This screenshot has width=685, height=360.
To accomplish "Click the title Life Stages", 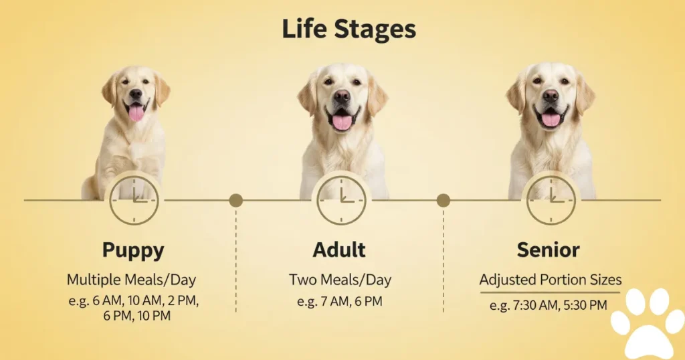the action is [x=349, y=29].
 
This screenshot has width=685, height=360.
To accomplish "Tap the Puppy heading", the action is [x=133, y=250].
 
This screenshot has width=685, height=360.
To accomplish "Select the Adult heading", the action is [x=339, y=250].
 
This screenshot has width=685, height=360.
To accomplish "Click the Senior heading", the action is [x=549, y=250].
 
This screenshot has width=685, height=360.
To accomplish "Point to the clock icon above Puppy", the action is [x=134, y=201].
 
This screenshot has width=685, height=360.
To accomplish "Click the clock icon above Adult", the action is [x=341, y=201].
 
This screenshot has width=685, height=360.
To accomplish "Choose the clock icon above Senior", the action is [x=551, y=201].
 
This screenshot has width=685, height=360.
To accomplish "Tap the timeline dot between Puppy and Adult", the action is [x=236, y=201].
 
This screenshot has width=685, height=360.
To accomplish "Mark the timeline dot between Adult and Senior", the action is [x=444, y=201].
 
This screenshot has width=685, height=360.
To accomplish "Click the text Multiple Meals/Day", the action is [x=132, y=280].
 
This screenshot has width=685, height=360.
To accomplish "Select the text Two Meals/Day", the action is [x=340, y=280].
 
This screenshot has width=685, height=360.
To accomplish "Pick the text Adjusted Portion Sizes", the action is [x=551, y=280].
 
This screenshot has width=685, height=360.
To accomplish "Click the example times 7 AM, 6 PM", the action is [x=339, y=302].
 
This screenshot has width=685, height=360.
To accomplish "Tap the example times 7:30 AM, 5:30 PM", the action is [x=549, y=305].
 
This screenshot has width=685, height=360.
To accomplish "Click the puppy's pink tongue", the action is [x=136, y=112].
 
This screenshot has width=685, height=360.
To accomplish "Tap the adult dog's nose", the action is [x=342, y=96].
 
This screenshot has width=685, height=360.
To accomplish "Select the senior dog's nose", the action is [x=551, y=95].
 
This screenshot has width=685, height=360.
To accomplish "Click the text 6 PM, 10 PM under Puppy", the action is [x=136, y=316].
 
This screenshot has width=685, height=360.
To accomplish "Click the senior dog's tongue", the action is [x=551, y=119].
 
